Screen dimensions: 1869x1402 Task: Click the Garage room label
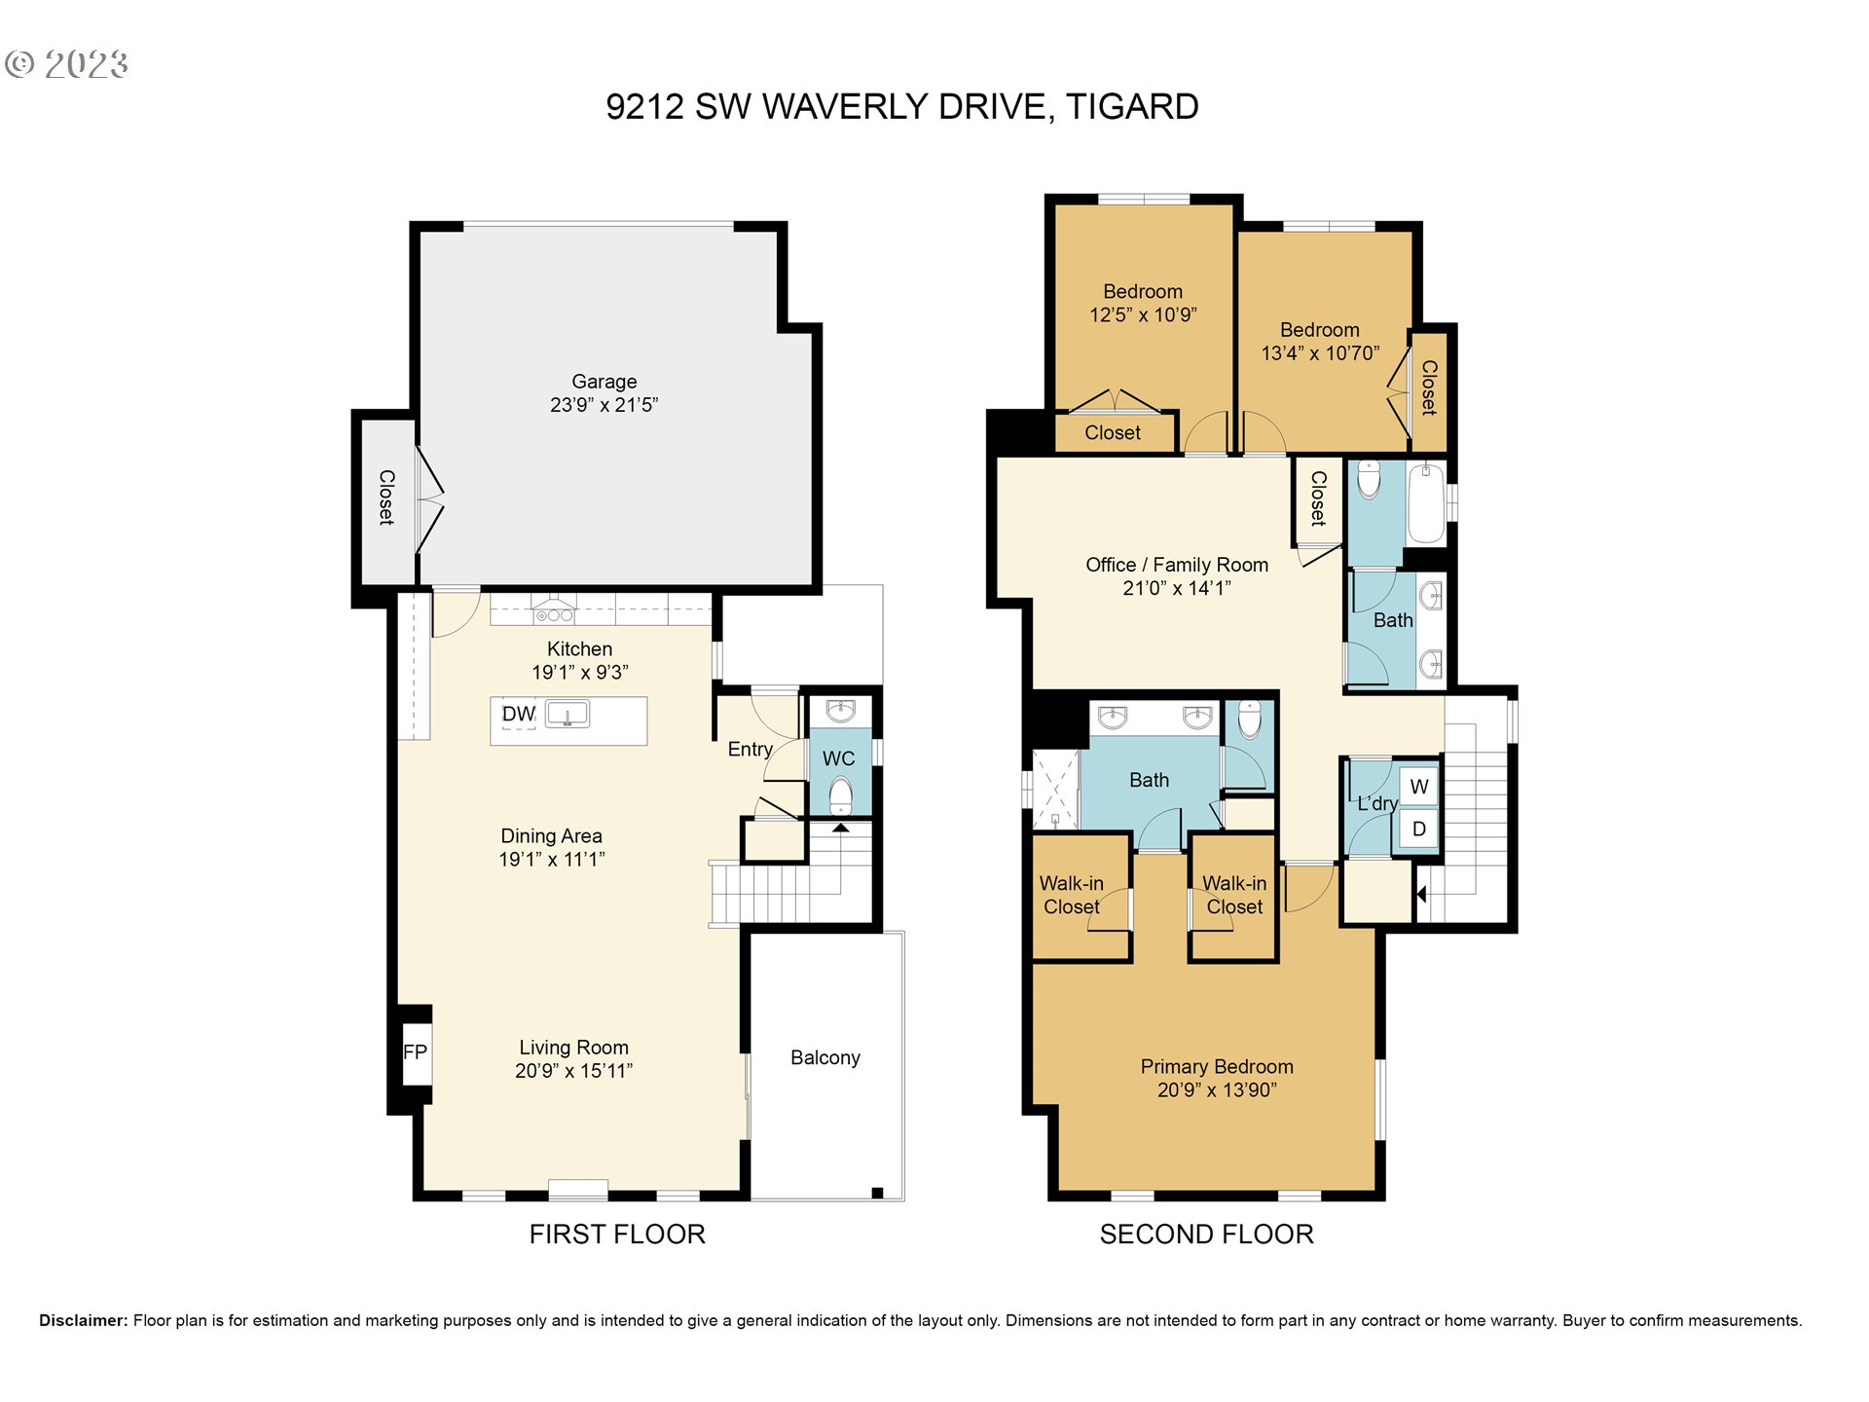[604, 382]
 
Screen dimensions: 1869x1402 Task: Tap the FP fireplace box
[416, 1051]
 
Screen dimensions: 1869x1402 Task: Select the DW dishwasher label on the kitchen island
[519, 714]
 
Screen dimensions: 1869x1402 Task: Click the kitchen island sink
[568, 714]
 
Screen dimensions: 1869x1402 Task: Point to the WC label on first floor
[838, 758]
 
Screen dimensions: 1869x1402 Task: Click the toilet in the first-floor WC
[840, 796]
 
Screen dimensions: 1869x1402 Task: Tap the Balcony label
[825, 1057]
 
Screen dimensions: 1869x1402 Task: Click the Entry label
[750, 749]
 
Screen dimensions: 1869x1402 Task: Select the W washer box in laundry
[1419, 787]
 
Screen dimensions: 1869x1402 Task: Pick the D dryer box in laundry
[1419, 830]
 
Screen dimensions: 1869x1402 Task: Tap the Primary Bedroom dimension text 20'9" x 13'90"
[1217, 1090]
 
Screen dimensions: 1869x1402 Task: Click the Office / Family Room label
[1177, 565]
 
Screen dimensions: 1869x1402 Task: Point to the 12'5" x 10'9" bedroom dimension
[1143, 314]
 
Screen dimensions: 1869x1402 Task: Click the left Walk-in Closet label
[1071, 895]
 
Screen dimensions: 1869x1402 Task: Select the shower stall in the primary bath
[1055, 789]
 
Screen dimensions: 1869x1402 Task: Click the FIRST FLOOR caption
[617, 1235]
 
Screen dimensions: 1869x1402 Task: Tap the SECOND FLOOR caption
[1207, 1235]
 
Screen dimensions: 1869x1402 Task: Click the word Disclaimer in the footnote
[84, 1320]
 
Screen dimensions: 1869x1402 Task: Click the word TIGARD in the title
[1132, 106]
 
